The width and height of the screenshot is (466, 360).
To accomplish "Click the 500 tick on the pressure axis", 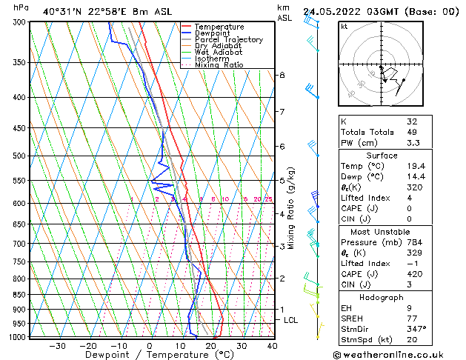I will pos(20,156).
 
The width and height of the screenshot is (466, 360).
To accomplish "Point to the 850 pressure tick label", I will pos(20,295).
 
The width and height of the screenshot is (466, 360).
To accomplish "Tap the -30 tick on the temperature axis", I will pos(57,345).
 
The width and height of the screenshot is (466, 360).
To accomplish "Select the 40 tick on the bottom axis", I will pos(272,345).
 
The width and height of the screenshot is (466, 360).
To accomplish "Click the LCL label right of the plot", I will pos(291,320).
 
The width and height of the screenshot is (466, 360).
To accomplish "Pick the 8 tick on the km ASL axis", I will pos(282,76).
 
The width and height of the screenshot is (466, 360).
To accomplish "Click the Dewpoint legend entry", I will pos(210,33).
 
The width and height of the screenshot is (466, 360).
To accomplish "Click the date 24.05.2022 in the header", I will pos(330,11).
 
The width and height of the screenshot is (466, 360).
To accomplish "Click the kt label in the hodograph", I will pos(344,27).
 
